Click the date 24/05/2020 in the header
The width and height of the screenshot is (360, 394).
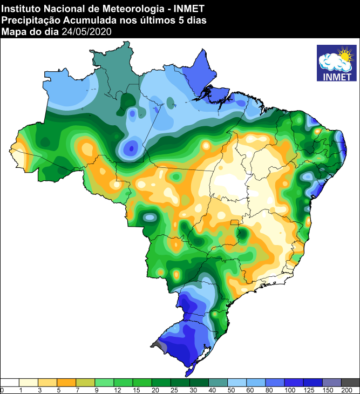point(86,32)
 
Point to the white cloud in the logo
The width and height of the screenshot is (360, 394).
point(332,64)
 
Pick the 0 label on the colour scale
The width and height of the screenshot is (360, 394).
point(2,390)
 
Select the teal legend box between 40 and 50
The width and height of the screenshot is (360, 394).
point(218,382)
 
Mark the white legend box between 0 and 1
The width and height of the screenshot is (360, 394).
point(11,382)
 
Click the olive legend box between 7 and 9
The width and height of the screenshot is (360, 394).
point(86,382)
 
